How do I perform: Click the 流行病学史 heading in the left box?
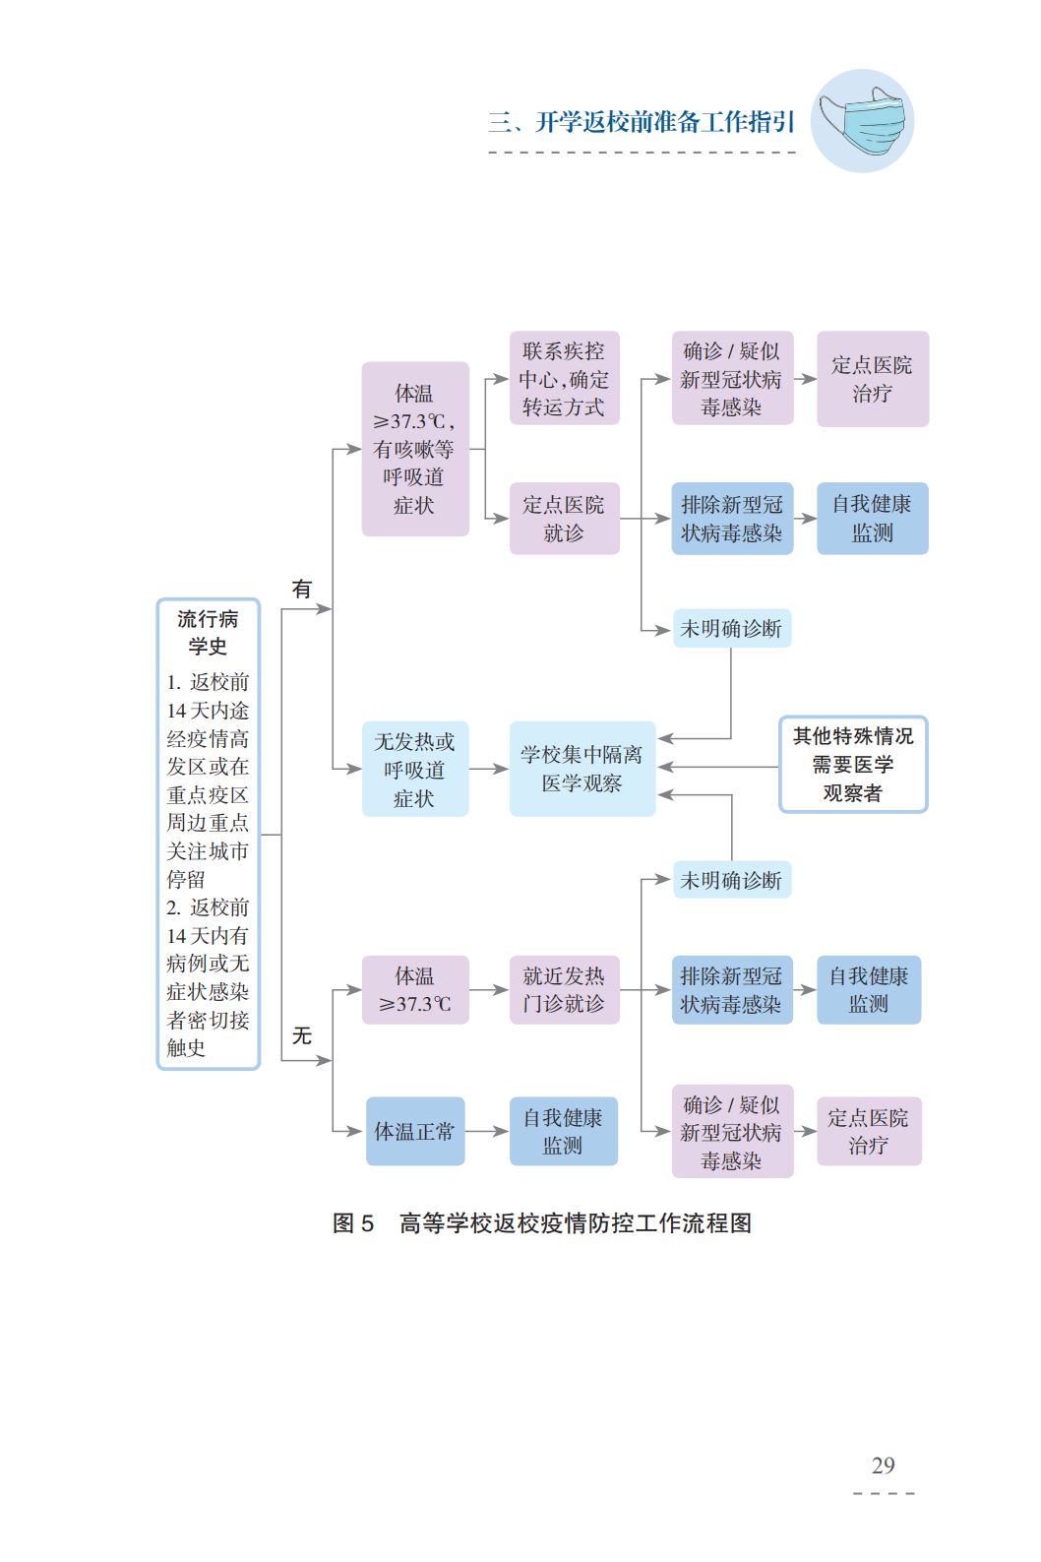click(x=208, y=632)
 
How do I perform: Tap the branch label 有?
click(x=301, y=589)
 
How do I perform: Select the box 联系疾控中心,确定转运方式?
click(x=564, y=379)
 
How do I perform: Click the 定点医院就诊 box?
click(x=564, y=519)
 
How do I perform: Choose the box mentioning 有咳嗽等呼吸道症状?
click(x=414, y=449)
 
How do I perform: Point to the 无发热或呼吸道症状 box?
click(x=414, y=769)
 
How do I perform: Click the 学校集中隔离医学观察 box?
click(x=582, y=769)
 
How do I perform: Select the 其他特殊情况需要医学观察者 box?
click(x=852, y=764)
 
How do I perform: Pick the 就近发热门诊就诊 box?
click(x=564, y=989)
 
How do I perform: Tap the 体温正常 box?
click(x=414, y=1131)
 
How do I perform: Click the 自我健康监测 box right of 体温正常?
click(x=563, y=1131)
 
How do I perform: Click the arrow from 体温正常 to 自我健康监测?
click(x=487, y=1131)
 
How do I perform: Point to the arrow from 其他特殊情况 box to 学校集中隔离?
click(x=718, y=767)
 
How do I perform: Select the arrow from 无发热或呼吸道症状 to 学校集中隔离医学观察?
click(x=489, y=769)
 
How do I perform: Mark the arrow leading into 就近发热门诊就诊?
click(x=489, y=989)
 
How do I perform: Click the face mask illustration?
click(x=863, y=121)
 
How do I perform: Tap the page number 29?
click(x=883, y=1466)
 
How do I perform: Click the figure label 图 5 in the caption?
click(x=353, y=1223)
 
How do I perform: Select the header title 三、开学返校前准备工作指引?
click(x=641, y=122)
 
